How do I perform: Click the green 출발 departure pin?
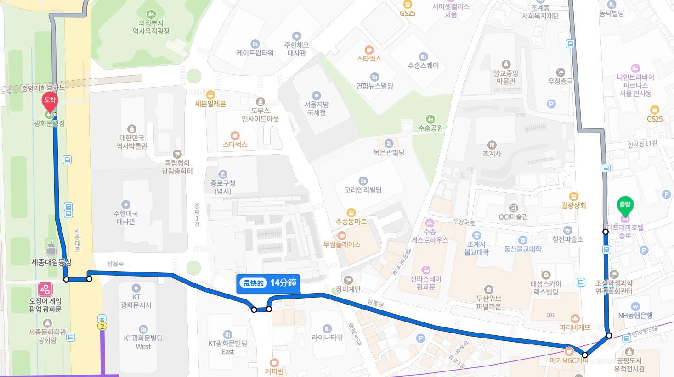pyautogui.click(x=625, y=206)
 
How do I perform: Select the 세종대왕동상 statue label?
pyautogui.click(x=51, y=262)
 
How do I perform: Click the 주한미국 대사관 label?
pyautogui.click(x=125, y=217)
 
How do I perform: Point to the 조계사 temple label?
pyautogui.click(x=492, y=154)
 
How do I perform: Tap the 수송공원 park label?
pyautogui.click(x=430, y=128)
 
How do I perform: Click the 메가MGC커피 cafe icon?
pyautogui.click(x=569, y=352)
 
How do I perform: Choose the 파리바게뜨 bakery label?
pyautogui.click(x=575, y=327)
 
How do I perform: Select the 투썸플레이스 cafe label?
pyautogui.click(x=341, y=244)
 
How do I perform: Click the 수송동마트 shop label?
pyautogui.click(x=351, y=222)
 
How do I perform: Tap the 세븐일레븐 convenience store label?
pyautogui.click(x=210, y=104)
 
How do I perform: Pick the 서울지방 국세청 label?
pyautogui.click(x=316, y=108)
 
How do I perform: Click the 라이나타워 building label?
pyautogui.click(x=327, y=338)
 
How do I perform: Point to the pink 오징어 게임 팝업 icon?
pyautogui.click(x=45, y=289)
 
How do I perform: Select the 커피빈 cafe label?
pyautogui.click(x=274, y=371)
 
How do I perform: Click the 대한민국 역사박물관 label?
pyautogui.click(x=132, y=142)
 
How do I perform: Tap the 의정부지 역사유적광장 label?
pyautogui.click(x=151, y=27)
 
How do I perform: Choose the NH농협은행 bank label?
pyautogui.click(x=635, y=315)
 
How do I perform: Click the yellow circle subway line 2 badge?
pyautogui.click(x=102, y=326)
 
